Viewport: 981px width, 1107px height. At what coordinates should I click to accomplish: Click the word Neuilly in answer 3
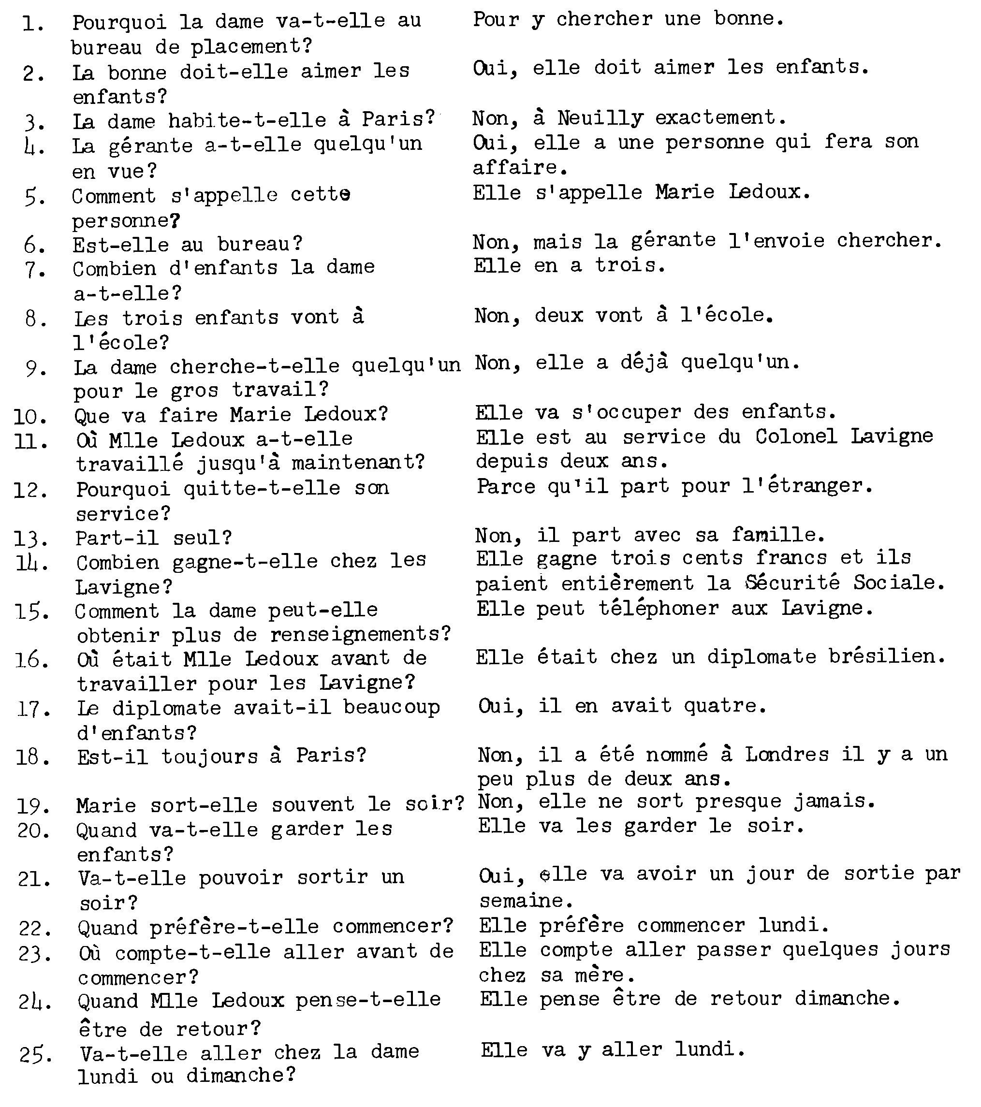click(x=600, y=118)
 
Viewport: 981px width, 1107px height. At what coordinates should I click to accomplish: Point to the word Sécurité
click(x=792, y=583)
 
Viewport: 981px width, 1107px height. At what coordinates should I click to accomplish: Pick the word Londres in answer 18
click(x=787, y=755)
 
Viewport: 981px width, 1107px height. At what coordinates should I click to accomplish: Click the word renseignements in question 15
click(x=360, y=634)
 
